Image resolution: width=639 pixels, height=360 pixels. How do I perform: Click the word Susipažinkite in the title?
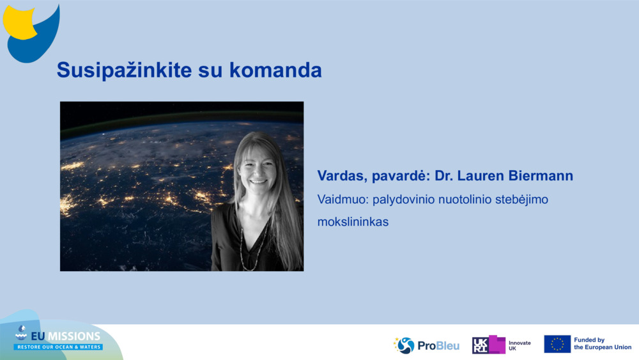tap(124, 70)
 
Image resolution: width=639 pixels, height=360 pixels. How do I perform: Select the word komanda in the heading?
tap(275, 70)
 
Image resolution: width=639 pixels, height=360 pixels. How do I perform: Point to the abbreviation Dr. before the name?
tap(443, 176)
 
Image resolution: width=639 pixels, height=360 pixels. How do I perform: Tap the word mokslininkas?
tap(353, 222)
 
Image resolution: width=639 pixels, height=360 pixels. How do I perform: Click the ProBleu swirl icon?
tap(404, 345)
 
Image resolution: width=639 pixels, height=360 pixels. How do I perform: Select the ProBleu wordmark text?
tap(438, 346)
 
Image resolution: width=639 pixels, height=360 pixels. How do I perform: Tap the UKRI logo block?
tap(489, 345)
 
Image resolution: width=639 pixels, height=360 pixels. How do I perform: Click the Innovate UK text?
tap(520, 346)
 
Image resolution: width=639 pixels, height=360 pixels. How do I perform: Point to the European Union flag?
tap(557, 344)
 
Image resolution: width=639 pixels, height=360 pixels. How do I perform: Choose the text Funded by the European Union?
tap(603, 343)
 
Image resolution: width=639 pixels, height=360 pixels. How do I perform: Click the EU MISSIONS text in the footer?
tap(66, 336)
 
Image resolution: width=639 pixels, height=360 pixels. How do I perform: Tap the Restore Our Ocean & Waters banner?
tap(58, 347)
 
